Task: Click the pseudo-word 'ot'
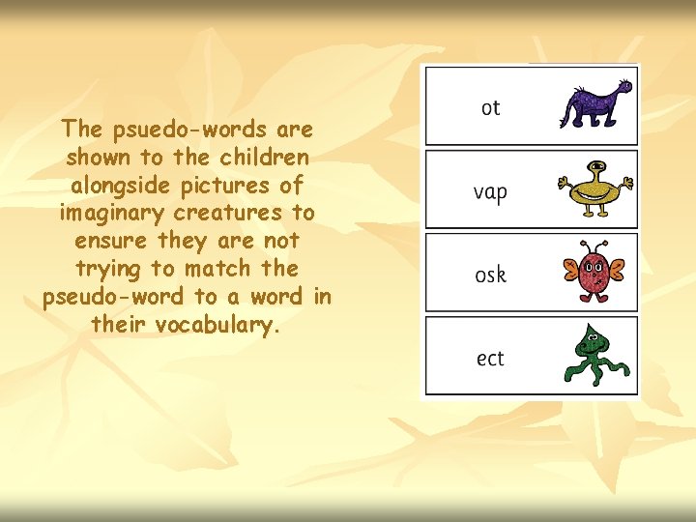coord(490,107)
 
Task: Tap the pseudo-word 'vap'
coord(490,192)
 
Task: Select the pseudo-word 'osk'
coord(490,275)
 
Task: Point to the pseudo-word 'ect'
coord(490,359)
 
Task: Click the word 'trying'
coord(108,269)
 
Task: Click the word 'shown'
coord(101,157)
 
